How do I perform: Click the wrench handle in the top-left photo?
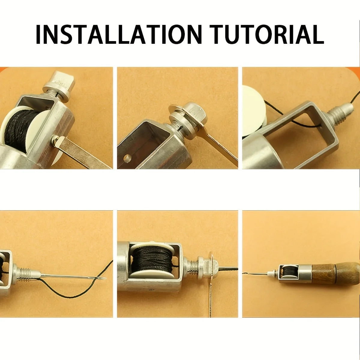point(82,151)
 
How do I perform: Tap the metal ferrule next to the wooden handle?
point(304,274)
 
